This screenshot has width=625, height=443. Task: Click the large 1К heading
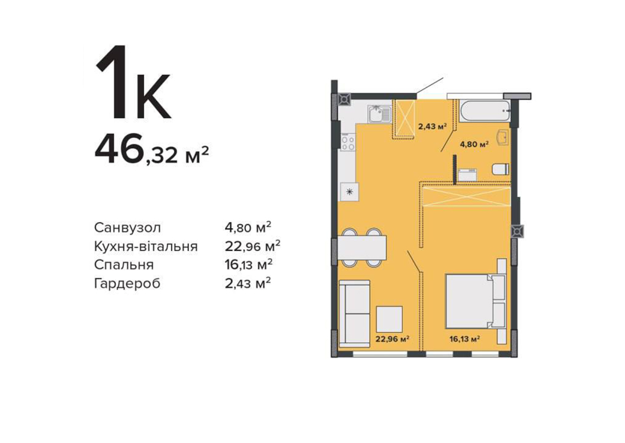pyautogui.click(x=133, y=82)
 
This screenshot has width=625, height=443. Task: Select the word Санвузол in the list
pyautogui.click(x=127, y=228)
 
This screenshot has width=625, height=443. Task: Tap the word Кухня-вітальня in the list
pyautogui.click(x=146, y=246)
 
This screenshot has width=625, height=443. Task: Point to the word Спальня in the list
pyautogui.click(x=124, y=265)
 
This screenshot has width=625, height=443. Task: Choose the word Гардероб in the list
pyautogui.click(x=127, y=284)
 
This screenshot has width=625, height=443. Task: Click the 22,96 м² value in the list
pyautogui.click(x=252, y=246)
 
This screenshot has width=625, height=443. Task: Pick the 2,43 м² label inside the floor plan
pyautogui.click(x=432, y=127)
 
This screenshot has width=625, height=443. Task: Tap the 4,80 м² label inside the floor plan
pyautogui.click(x=475, y=145)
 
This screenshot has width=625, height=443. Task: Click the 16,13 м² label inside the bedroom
pyautogui.click(x=464, y=339)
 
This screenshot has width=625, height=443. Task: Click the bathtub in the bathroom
pyautogui.click(x=484, y=111)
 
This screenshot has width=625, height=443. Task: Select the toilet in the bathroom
pyautogui.click(x=501, y=169)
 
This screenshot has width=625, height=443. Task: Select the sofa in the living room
pyautogui.click(x=354, y=313)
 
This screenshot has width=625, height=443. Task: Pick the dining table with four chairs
pyautogui.click(x=363, y=248)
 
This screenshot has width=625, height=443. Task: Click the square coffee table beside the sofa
pyautogui.click(x=389, y=319)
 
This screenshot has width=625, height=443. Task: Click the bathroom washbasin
pyautogui.click(x=504, y=137)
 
